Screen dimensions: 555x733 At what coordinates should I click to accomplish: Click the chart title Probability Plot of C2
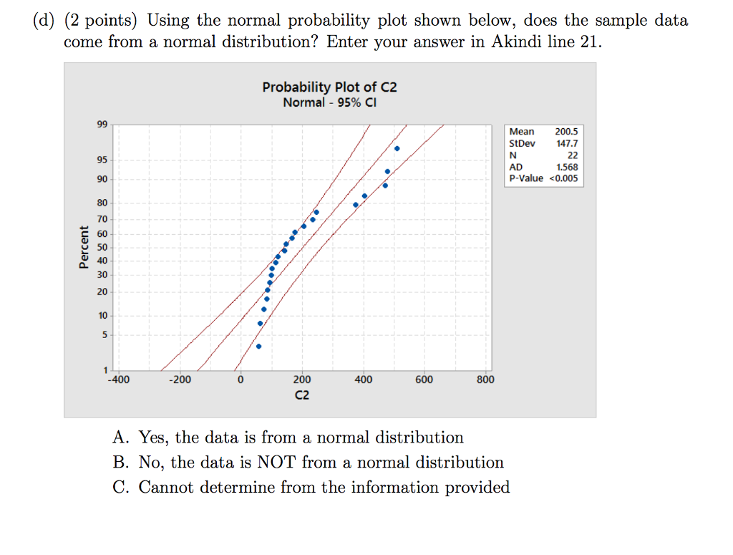tap(329, 87)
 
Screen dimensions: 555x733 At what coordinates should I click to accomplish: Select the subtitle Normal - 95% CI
tap(329, 102)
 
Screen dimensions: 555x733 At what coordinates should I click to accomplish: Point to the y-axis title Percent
tap(84, 247)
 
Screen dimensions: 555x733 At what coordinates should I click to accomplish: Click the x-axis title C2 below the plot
tap(302, 395)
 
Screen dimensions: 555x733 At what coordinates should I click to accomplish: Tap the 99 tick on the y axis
tap(102, 125)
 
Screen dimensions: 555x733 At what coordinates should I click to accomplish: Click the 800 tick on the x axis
tap(485, 380)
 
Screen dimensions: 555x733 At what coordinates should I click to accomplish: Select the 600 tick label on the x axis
tap(424, 380)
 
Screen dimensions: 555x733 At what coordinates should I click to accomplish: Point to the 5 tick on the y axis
tap(105, 334)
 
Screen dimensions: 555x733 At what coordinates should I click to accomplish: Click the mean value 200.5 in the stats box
tap(566, 132)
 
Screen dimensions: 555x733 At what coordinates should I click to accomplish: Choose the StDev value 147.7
tap(566, 143)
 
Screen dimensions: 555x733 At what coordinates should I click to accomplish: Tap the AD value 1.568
tap(566, 167)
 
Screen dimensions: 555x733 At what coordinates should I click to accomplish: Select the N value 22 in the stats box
tap(572, 155)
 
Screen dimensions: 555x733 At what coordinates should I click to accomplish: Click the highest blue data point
tap(397, 148)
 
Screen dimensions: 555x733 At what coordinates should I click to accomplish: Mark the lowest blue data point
tap(258, 347)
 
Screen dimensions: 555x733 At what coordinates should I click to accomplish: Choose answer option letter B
tap(120, 463)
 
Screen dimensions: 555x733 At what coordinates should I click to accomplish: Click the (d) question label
tap(45, 21)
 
